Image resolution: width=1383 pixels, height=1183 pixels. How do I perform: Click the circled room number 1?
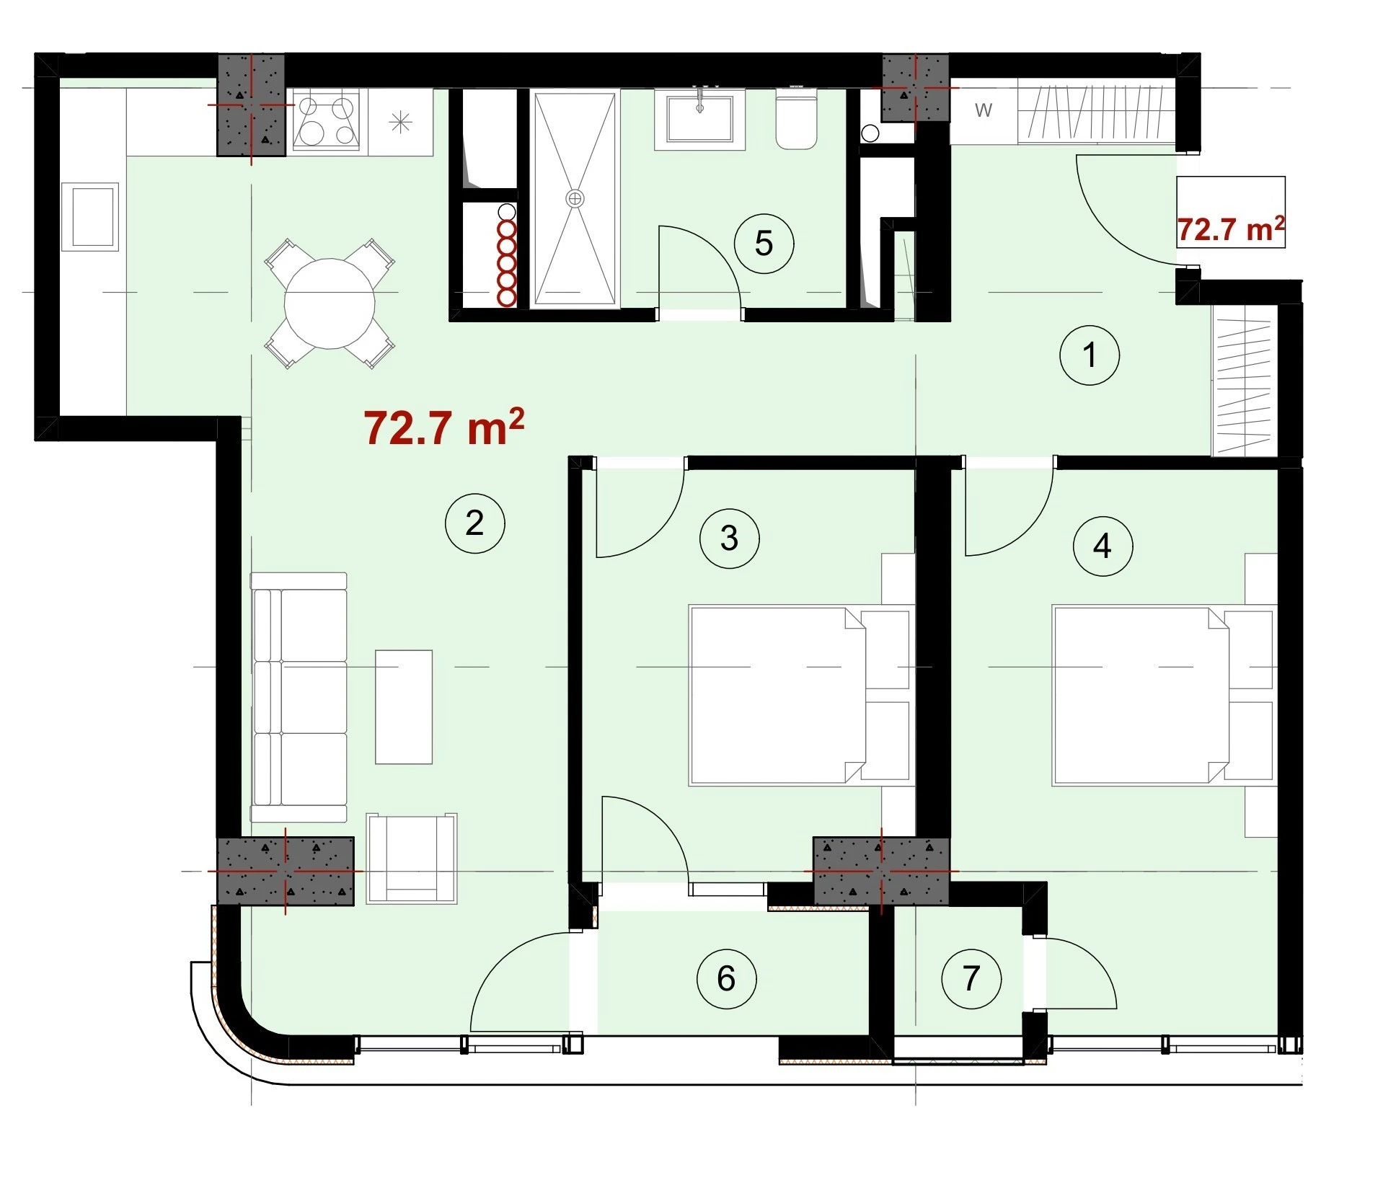pyautogui.click(x=1090, y=355)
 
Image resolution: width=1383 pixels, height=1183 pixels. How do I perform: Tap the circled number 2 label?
pyautogui.click(x=474, y=523)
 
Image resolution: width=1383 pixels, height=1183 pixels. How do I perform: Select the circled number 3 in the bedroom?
pyautogui.click(x=729, y=539)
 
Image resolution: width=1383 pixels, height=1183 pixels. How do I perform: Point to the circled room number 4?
pyautogui.click(x=1103, y=546)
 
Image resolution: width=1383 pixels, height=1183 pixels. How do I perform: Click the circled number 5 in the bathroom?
pyautogui.click(x=764, y=244)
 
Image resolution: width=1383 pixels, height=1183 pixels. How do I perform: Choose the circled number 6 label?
pyautogui.click(x=726, y=979)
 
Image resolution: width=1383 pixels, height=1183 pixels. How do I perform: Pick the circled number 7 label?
pyautogui.click(x=971, y=979)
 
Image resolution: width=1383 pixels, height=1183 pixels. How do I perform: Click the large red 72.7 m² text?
pyautogui.click(x=444, y=427)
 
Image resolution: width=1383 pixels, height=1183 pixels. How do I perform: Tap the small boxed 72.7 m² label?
pyautogui.click(x=1230, y=229)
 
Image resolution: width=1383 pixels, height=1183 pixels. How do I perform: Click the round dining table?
pyautogui.click(x=330, y=303)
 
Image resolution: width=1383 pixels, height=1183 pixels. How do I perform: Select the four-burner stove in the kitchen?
pyautogui.click(x=326, y=120)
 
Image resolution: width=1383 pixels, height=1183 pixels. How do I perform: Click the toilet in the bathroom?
pyautogui.click(x=796, y=119)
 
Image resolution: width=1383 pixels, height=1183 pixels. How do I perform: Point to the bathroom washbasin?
pyautogui.click(x=699, y=119)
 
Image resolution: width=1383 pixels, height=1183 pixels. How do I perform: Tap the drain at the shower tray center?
pyautogui.click(x=575, y=198)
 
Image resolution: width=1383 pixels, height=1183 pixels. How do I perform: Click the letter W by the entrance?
pyautogui.click(x=984, y=110)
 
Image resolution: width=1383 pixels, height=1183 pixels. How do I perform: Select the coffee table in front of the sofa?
pyautogui.click(x=404, y=706)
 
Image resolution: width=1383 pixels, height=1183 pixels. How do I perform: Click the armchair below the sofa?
pyautogui.click(x=412, y=859)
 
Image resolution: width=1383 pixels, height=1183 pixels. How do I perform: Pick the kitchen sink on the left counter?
pyautogui.click(x=89, y=216)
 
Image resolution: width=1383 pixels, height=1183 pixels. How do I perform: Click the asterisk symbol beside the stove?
pyautogui.click(x=400, y=122)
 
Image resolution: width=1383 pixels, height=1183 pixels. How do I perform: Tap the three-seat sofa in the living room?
pyautogui.click(x=299, y=697)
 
